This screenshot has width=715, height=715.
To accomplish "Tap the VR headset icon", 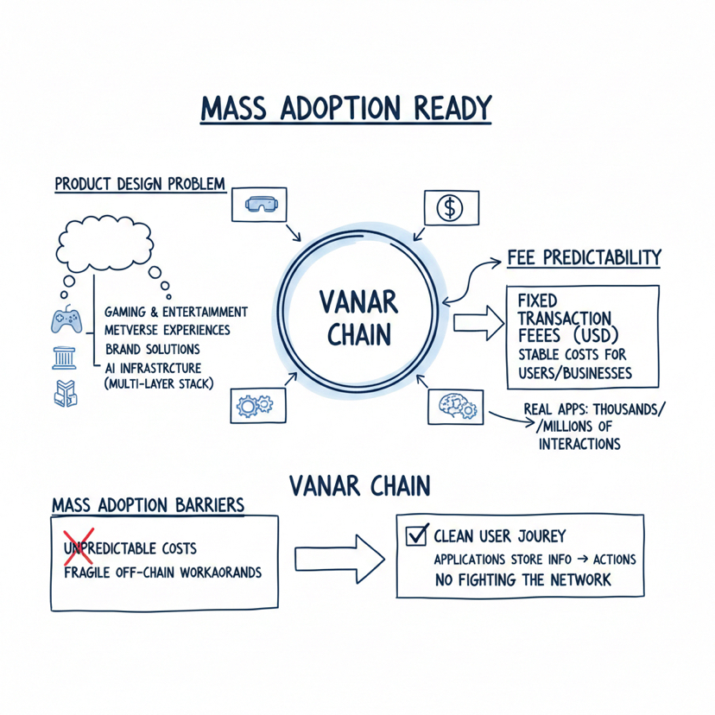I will (258, 205).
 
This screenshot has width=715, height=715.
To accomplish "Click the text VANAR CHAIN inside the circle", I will (357, 317).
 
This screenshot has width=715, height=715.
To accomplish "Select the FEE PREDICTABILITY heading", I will (584, 257).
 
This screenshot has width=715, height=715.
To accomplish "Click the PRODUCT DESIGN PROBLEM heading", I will (140, 184).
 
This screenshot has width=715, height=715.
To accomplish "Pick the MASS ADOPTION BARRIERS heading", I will (147, 503).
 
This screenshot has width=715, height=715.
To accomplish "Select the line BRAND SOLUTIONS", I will (152, 349).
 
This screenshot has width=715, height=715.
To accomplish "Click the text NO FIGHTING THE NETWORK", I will (523, 579).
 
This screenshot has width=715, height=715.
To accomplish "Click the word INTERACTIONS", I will (579, 444).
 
